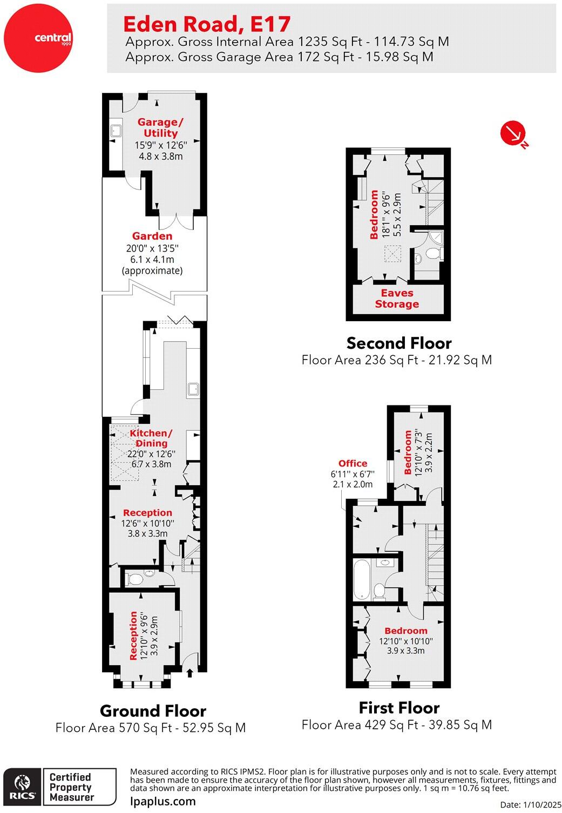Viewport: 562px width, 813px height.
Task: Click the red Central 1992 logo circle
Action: [x=38, y=38]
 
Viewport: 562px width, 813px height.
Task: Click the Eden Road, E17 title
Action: [x=207, y=24]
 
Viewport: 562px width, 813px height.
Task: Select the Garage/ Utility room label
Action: [x=160, y=127]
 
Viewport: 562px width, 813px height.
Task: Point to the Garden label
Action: [x=152, y=236]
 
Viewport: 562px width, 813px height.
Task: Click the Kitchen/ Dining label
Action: [x=151, y=438]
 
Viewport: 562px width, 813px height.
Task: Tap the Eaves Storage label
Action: [x=397, y=299]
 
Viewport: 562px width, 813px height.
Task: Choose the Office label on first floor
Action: [x=353, y=463]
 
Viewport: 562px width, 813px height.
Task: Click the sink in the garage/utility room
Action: [x=117, y=130]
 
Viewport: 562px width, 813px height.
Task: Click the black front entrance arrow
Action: [x=189, y=674]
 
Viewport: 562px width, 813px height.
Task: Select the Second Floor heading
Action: [x=399, y=343]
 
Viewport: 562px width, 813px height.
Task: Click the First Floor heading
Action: [x=399, y=708]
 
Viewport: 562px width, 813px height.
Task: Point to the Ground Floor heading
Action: [x=153, y=711]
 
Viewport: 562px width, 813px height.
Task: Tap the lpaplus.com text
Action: [x=163, y=801]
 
